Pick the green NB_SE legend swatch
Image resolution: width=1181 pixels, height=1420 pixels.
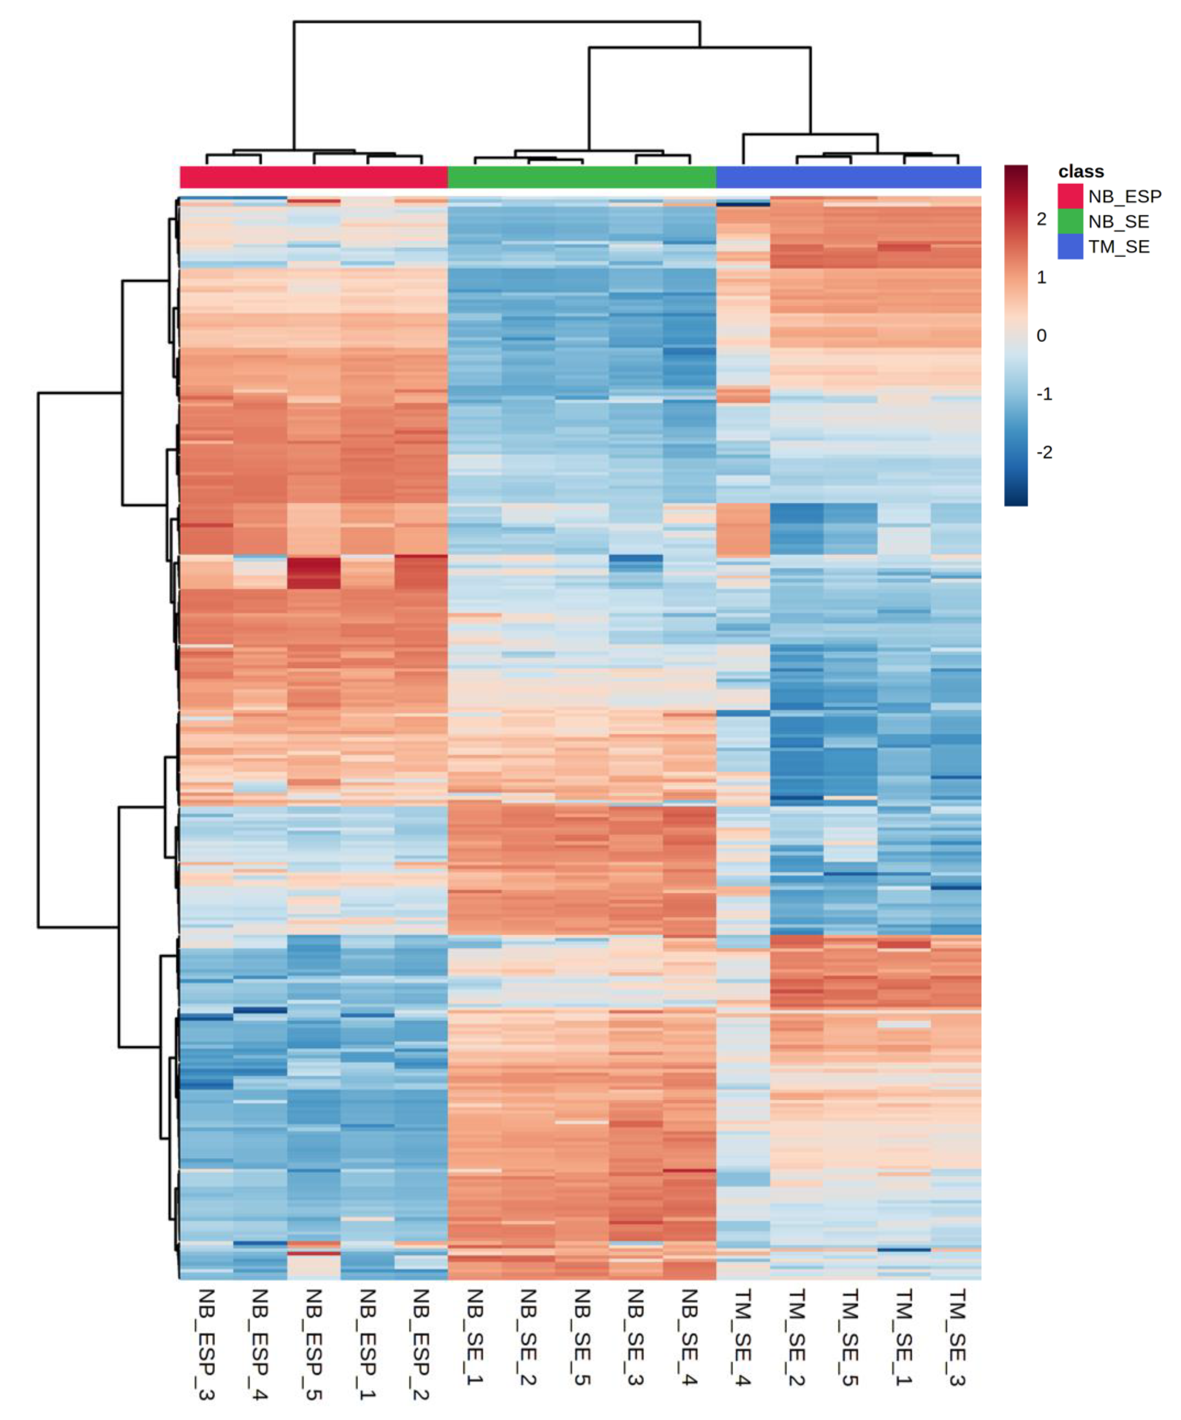(1069, 221)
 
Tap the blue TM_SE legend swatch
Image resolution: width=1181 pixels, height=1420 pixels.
(1069, 246)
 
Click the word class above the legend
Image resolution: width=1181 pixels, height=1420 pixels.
(1080, 172)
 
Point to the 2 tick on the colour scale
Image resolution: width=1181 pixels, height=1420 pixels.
(1041, 219)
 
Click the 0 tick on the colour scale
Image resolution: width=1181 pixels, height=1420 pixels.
(1041, 335)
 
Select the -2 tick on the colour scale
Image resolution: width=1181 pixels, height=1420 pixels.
(1044, 452)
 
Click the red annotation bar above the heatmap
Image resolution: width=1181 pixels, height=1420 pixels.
(314, 177)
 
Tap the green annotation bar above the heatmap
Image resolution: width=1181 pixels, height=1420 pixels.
(581, 177)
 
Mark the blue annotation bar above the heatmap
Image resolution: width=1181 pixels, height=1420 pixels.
(848, 177)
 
